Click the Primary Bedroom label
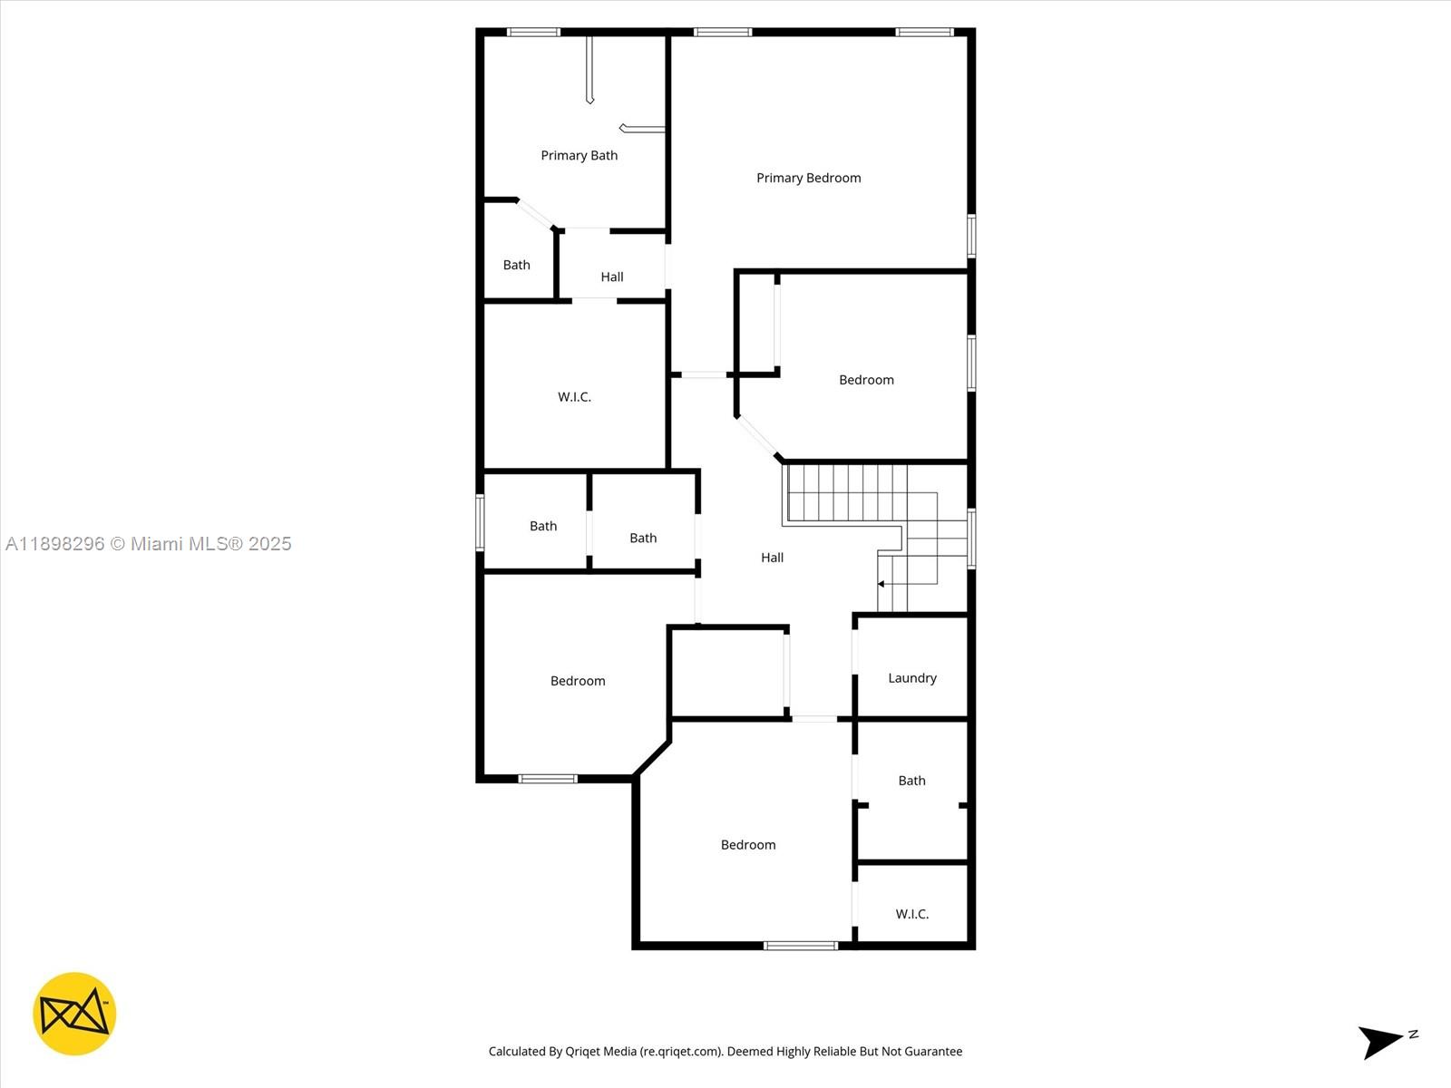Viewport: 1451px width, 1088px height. pyautogui.click(x=808, y=178)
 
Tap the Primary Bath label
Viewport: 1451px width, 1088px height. pyautogui.click(x=579, y=155)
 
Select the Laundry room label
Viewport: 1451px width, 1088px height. pyautogui.click(x=911, y=677)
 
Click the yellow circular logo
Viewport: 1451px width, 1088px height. pyautogui.click(x=74, y=1014)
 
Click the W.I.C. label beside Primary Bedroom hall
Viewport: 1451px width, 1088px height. pyautogui.click(x=574, y=396)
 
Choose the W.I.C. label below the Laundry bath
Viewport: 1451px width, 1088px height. pyautogui.click(x=911, y=913)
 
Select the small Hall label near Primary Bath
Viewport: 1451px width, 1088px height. pyautogui.click(x=612, y=277)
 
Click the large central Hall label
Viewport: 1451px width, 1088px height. pyautogui.click(x=772, y=558)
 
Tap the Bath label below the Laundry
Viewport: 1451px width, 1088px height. pyautogui.click(x=911, y=780)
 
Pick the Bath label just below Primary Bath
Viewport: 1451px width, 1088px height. pyautogui.click(x=516, y=265)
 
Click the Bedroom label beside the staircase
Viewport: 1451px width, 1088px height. pyautogui.click(x=866, y=380)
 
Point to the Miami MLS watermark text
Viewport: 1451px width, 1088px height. pyautogui.click(x=149, y=544)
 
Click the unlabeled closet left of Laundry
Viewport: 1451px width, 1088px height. pyautogui.click(x=727, y=672)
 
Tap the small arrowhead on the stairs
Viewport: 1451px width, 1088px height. pyautogui.click(x=881, y=584)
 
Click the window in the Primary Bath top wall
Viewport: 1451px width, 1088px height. pyautogui.click(x=533, y=33)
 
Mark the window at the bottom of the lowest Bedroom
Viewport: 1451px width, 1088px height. pyautogui.click(x=800, y=946)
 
